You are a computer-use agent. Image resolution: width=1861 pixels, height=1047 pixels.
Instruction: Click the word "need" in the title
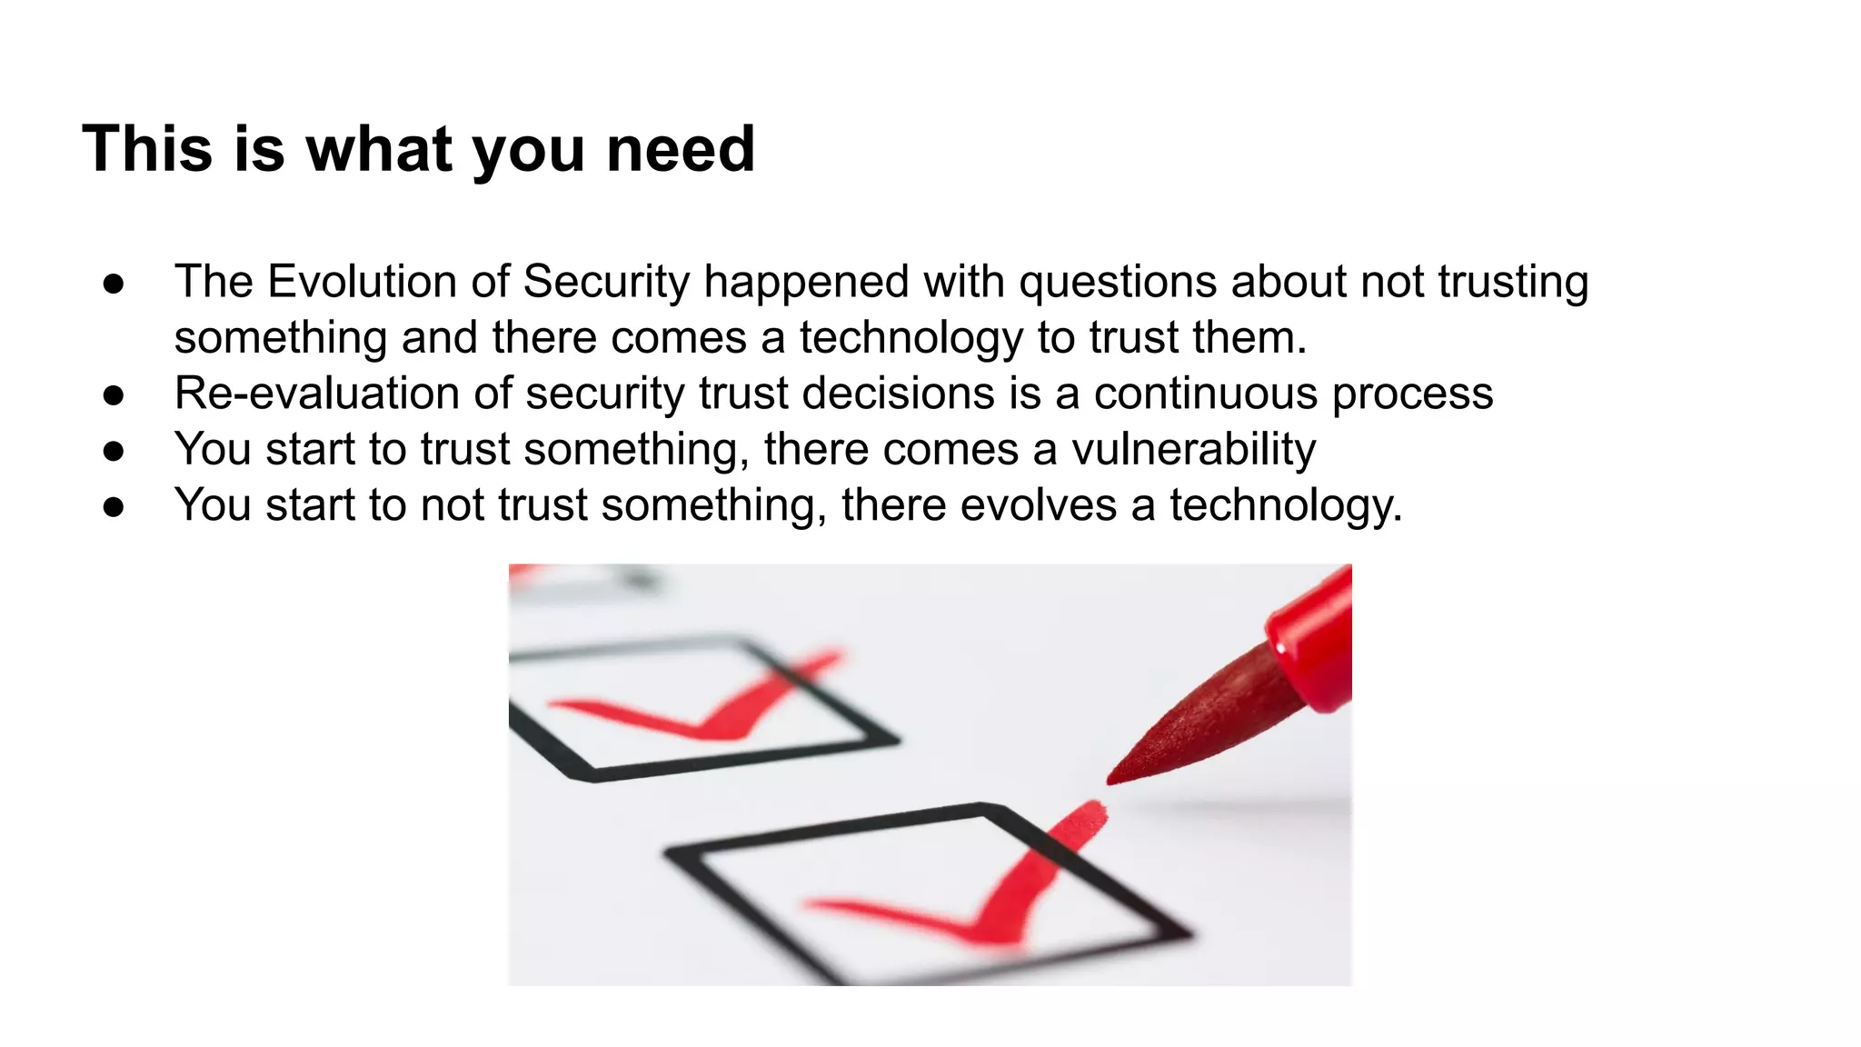[680, 149]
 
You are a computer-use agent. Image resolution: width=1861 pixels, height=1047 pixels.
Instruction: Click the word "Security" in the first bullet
[606, 282]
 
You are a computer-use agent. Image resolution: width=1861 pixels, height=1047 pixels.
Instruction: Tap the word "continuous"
[1205, 394]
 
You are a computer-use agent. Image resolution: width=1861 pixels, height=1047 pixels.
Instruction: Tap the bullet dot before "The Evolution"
[114, 284]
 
